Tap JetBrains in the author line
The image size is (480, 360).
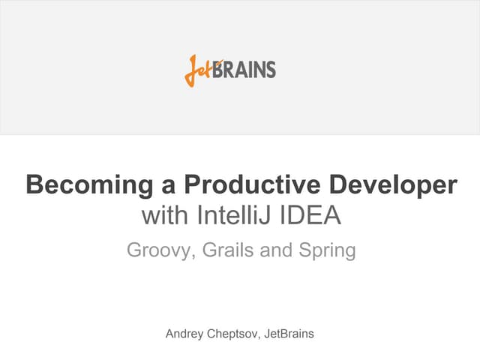point(289,333)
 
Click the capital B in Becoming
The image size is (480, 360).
point(34,184)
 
